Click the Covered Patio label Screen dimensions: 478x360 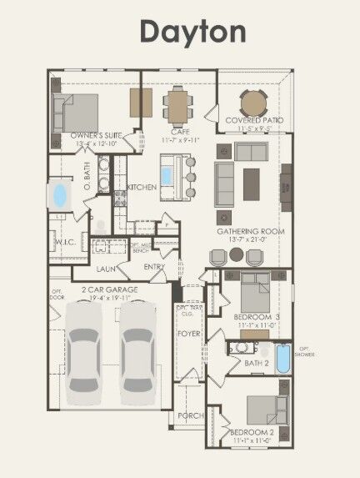(254, 120)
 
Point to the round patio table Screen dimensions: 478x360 (254, 103)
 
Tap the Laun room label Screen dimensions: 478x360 (106, 269)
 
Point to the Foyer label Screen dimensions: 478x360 (189, 334)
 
